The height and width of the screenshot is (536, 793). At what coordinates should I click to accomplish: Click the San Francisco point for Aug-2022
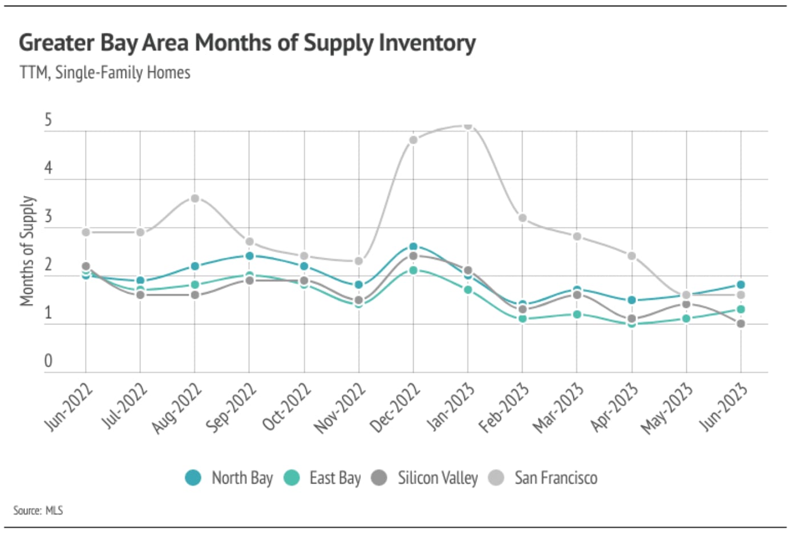[x=195, y=198]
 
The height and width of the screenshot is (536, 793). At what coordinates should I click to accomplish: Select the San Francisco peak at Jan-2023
[x=468, y=125]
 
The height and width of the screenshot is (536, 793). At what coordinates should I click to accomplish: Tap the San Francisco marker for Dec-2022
[x=413, y=140]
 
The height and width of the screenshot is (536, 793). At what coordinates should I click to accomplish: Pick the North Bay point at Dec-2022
[x=413, y=247]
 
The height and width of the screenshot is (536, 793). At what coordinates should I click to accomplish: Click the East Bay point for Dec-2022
[x=413, y=270]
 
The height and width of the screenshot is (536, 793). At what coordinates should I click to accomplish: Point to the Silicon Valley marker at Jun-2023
[x=741, y=323]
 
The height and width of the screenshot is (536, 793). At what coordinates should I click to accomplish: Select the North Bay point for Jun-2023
[x=741, y=285]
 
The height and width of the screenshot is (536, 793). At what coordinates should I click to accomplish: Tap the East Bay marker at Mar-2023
[x=577, y=314]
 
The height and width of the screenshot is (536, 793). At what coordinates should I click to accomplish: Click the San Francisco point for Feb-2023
[x=522, y=218]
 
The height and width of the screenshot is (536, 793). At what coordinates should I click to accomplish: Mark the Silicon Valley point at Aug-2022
[x=195, y=295]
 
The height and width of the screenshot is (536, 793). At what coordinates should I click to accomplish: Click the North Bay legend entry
[x=229, y=477]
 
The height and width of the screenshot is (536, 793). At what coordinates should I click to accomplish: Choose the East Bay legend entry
[x=323, y=477]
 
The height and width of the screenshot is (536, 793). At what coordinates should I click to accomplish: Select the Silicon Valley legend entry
[x=425, y=477]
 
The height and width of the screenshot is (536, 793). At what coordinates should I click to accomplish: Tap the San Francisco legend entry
[x=544, y=477]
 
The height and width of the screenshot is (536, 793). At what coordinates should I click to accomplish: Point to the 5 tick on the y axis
[x=48, y=120]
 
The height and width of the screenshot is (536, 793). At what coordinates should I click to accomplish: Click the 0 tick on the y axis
[x=48, y=361]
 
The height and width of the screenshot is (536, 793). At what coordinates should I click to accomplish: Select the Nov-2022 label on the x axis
[x=340, y=408]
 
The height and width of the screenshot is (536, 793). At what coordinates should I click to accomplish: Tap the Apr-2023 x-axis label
[x=614, y=408]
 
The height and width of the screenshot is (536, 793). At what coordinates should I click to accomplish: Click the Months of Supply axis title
[x=27, y=251]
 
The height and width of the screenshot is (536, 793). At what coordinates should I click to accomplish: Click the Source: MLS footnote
[x=38, y=510]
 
